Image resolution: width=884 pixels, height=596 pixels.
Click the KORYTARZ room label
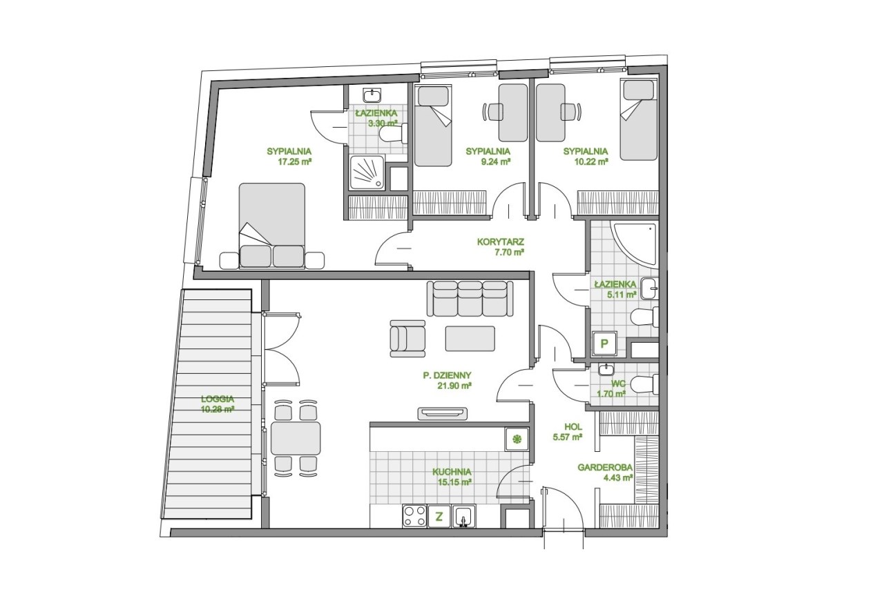click(x=500, y=241)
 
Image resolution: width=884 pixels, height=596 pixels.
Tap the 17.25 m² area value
click(x=295, y=161)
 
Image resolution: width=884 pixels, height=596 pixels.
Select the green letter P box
click(x=604, y=344)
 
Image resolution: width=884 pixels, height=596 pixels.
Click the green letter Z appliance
click(x=439, y=516)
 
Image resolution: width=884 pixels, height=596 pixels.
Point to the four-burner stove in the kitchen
click(x=415, y=516)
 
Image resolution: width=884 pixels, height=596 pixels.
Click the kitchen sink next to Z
click(x=464, y=516)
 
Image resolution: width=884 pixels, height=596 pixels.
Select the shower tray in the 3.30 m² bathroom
click(x=367, y=172)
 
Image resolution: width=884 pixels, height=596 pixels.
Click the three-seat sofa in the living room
click(x=470, y=298)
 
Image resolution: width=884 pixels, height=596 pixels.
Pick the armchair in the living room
click(x=407, y=339)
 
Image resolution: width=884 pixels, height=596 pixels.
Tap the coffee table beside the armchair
click(x=470, y=339)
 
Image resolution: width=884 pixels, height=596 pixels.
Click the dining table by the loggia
click(x=296, y=438)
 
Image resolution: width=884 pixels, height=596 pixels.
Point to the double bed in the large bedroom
click(x=272, y=226)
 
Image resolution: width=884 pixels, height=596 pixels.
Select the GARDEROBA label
click(x=605, y=468)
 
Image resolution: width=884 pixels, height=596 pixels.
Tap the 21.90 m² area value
click(x=454, y=386)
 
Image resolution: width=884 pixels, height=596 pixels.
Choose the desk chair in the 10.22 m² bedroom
click(x=570, y=112)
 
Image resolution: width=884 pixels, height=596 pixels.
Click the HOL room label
click(x=573, y=426)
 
